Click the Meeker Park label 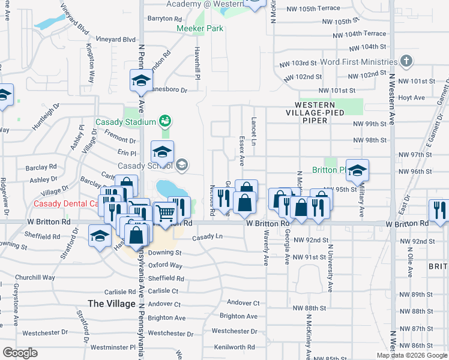[200, 28]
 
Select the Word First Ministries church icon [406, 61]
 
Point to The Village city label [111, 304]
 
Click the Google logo [20, 353]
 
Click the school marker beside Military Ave [357, 172]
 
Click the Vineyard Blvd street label [121, 40]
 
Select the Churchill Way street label [35, 278]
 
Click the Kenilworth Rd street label [234, 347]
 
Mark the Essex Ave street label [242, 151]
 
